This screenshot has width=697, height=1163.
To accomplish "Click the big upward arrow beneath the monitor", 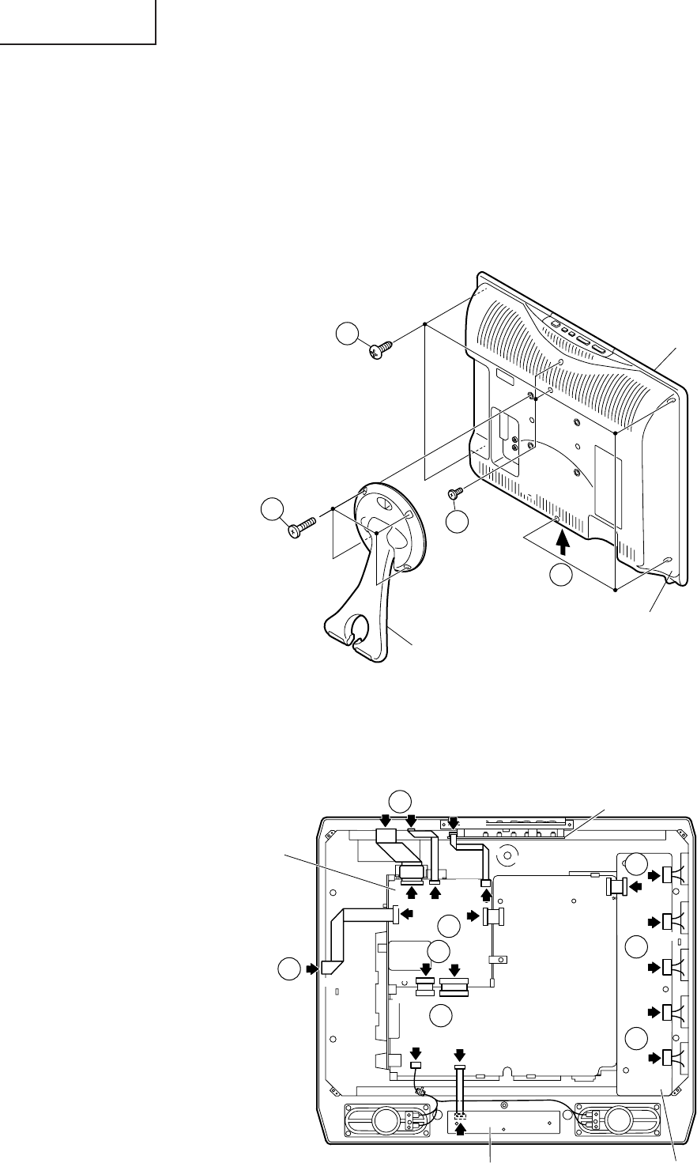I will tap(562, 544).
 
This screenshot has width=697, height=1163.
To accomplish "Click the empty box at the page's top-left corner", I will tap(77, 21).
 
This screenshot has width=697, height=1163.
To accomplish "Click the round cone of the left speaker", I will tap(386, 1119).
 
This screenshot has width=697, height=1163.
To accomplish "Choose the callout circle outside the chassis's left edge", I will tap(288, 967).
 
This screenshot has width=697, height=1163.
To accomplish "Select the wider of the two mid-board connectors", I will tap(454, 986).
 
